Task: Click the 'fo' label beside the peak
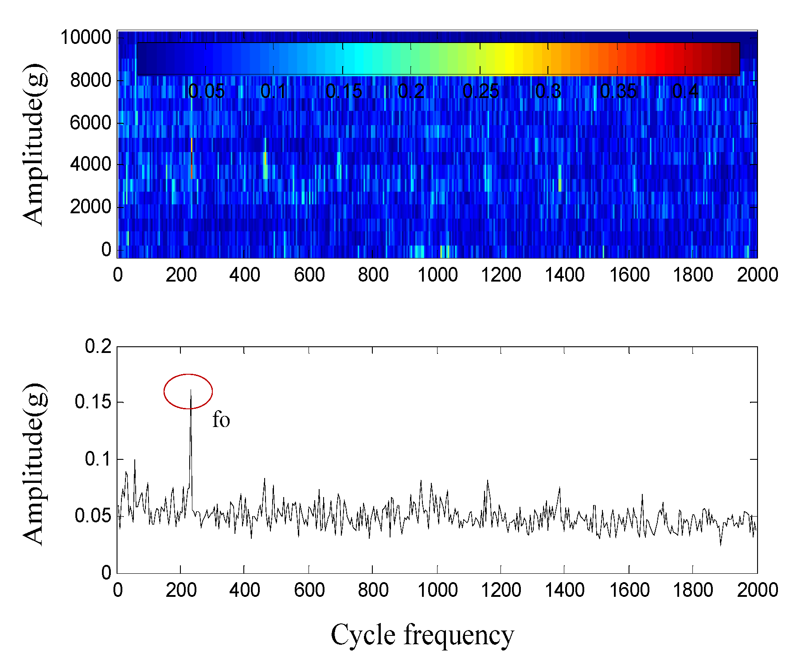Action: pyautogui.click(x=221, y=419)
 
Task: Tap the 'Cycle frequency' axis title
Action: pyautogui.click(x=422, y=635)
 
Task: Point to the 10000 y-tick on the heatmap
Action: pyautogui.click(x=86, y=37)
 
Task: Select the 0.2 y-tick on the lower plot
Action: pyautogui.click(x=98, y=346)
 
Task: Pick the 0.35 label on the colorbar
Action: pyautogui.click(x=618, y=91)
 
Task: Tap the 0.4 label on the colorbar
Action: pyautogui.click(x=685, y=91)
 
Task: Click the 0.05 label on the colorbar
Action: pyautogui.click(x=206, y=91)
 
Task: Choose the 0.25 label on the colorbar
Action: pyautogui.click(x=481, y=91)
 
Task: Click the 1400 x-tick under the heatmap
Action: pyautogui.click(x=564, y=275)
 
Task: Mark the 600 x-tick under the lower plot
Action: pyautogui.click(x=309, y=590)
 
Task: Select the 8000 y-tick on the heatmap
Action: pyautogui.click(x=90, y=80)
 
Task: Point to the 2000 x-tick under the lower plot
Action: pyautogui.click(x=757, y=590)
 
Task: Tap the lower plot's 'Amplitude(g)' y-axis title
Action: pyautogui.click(x=34, y=463)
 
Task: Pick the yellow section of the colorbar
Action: pyautogui.click(x=510, y=59)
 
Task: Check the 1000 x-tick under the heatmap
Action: pyautogui.click(x=438, y=275)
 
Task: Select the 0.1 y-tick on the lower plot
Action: pyautogui.click(x=98, y=459)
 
